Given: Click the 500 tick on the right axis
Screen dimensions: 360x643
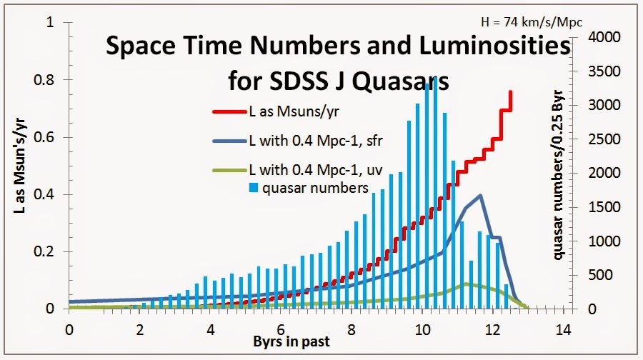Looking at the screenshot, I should point(604,275).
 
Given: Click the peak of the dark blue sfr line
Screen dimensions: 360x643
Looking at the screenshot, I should point(480,195).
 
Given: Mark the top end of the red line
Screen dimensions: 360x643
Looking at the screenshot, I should point(510,91).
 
